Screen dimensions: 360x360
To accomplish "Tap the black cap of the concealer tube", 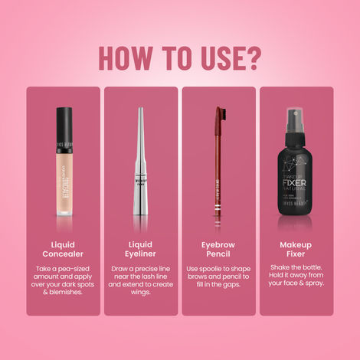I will point(64,119).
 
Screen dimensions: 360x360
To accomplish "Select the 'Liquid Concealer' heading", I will point(64,249).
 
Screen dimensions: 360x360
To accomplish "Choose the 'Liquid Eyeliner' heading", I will point(141,249).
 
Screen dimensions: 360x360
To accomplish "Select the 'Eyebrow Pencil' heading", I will point(219,249).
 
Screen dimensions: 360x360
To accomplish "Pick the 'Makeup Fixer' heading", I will point(296,249).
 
